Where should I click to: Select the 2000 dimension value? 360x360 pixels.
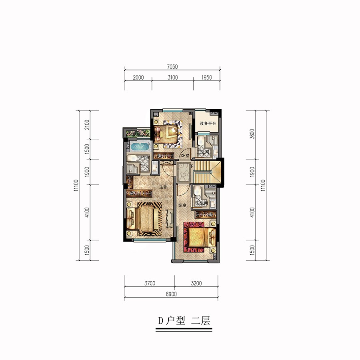click(138, 77)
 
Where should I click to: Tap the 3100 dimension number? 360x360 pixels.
click(172, 77)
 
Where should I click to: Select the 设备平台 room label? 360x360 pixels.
click(208, 124)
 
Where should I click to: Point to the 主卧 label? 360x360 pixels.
click(163, 187)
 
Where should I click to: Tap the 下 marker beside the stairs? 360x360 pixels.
click(192, 166)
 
